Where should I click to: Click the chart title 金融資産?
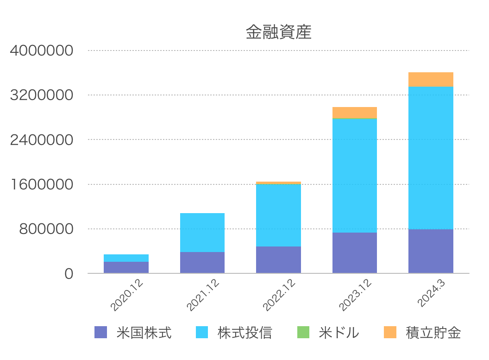[278, 32]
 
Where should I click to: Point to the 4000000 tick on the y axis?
[42, 51]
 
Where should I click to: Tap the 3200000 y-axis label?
[42, 95]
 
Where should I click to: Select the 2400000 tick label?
[42, 140]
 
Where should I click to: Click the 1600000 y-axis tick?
[42, 184]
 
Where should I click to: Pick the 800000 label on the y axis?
[46, 229]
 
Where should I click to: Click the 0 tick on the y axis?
[69, 274]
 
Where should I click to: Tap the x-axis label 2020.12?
[126, 295]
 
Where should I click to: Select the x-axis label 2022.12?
[279, 295]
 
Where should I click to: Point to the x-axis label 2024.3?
[431, 293]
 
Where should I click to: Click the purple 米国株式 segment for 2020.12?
[126, 267]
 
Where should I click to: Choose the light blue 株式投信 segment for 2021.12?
[202, 233]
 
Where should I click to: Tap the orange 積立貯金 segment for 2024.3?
[431, 80]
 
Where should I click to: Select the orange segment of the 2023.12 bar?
[355, 113]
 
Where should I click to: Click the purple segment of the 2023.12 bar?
[355, 253]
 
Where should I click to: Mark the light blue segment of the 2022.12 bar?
[278, 215]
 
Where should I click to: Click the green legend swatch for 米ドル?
[303, 332]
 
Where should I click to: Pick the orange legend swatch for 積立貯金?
[390, 332]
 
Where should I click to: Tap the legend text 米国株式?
[144, 333]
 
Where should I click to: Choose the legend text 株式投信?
[245, 333]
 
